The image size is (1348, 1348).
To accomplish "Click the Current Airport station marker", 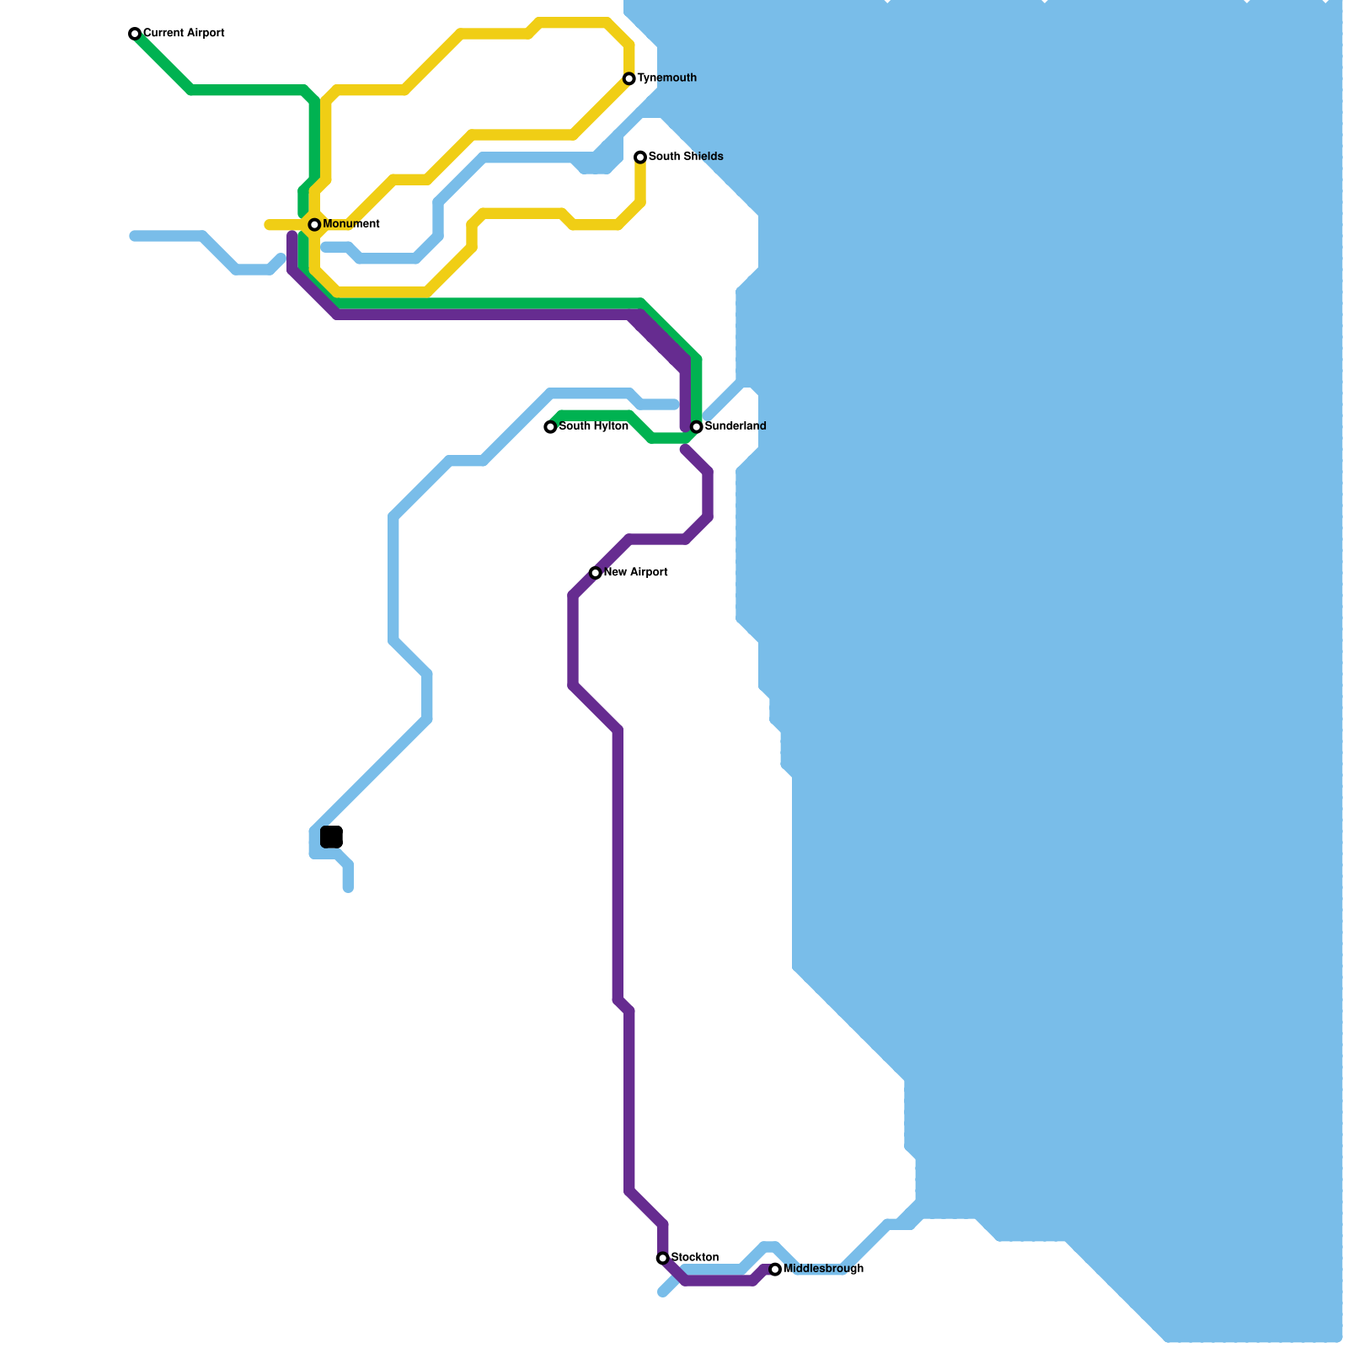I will point(135,34).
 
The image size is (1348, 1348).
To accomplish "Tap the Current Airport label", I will point(184,34).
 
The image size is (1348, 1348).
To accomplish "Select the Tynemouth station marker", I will point(629,78).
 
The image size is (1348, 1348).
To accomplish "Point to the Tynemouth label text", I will point(666,78).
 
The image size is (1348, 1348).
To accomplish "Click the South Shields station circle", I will point(640,157).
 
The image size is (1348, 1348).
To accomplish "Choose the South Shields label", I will point(686,157).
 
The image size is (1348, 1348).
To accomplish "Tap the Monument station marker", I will point(314,224).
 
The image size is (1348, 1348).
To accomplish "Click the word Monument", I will point(351,224).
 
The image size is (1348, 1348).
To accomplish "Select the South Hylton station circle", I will point(550,427).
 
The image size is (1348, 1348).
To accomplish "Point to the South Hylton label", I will point(593,426).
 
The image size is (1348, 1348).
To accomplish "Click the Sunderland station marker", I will point(697,427).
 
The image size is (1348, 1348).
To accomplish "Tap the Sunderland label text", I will point(736,426).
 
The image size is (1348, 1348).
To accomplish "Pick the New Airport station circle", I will point(596,573).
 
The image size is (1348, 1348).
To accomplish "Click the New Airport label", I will point(636,573).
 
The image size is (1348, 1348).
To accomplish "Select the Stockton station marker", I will point(663,1258).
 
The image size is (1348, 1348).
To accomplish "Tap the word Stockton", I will point(695,1258).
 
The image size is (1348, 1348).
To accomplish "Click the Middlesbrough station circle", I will point(775,1270).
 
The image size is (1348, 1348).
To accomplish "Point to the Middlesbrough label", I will point(823,1269).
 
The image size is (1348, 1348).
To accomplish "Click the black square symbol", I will point(331,837).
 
